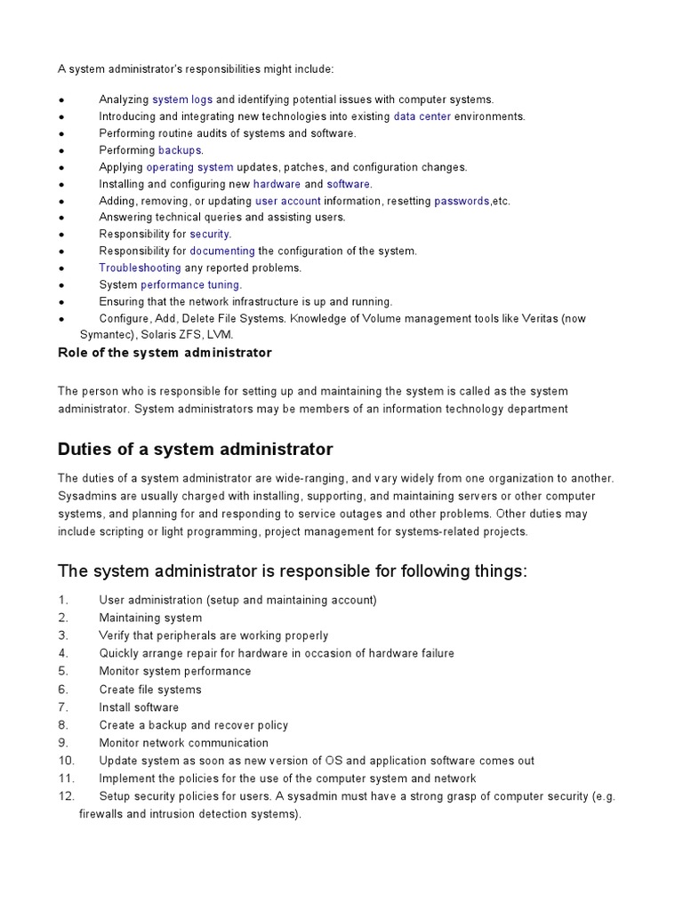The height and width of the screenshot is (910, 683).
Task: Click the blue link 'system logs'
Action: tap(183, 100)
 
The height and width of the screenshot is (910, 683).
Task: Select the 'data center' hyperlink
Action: tap(422, 116)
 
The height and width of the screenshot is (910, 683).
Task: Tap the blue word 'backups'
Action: tap(181, 150)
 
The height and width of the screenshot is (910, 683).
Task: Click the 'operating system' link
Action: tap(189, 167)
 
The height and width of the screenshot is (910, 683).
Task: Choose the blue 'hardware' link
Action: tap(277, 184)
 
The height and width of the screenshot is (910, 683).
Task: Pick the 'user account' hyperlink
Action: tap(287, 201)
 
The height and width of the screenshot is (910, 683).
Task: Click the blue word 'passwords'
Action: tap(462, 201)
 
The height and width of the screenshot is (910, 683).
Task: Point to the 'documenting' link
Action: tap(222, 251)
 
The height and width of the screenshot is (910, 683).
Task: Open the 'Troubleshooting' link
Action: tap(140, 267)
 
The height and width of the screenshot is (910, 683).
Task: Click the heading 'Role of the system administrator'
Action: tap(165, 353)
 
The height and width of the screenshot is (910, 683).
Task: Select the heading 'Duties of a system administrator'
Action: tap(195, 448)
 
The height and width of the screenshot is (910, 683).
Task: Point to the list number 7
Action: tap(63, 707)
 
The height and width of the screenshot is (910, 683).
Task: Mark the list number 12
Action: tap(67, 796)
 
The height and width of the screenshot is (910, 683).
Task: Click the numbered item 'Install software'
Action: tap(139, 707)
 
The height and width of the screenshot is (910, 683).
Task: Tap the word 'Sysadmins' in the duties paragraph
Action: tap(87, 496)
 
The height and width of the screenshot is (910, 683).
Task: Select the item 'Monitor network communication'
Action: tap(183, 743)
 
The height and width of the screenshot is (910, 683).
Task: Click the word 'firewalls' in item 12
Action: tap(103, 814)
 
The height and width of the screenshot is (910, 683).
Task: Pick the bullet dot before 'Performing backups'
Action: tap(61, 151)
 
